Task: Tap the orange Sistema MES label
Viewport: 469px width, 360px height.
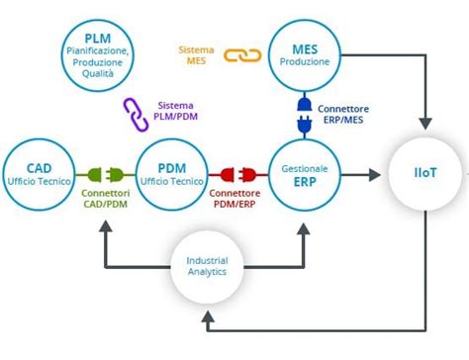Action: click(197, 54)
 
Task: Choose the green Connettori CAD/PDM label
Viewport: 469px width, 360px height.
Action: click(104, 199)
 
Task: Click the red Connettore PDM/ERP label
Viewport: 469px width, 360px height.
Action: click(236, 199)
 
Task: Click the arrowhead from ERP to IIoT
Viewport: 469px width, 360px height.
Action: click(375, 174)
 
